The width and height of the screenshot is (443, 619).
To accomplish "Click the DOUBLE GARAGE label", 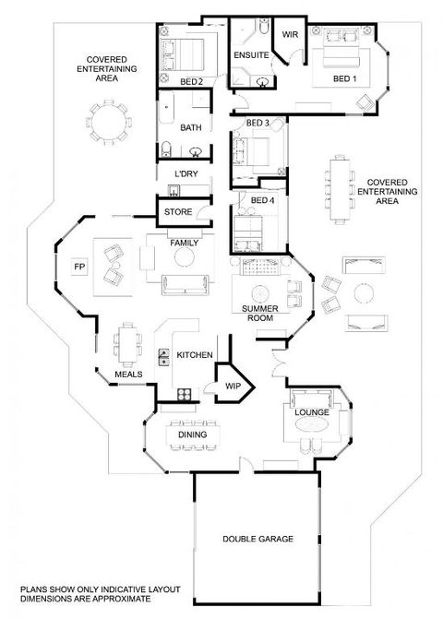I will click(x=257, y=538).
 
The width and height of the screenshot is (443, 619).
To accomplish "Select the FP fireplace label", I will click(x=78, y=268).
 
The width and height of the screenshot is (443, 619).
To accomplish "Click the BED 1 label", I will click(x=344, y=80).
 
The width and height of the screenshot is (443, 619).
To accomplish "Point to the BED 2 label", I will click(x=191, y=82).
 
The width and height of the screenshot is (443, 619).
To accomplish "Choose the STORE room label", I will click(x=177, y=212).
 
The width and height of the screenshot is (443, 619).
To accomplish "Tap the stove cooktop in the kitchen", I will click(x=184, y=396).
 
